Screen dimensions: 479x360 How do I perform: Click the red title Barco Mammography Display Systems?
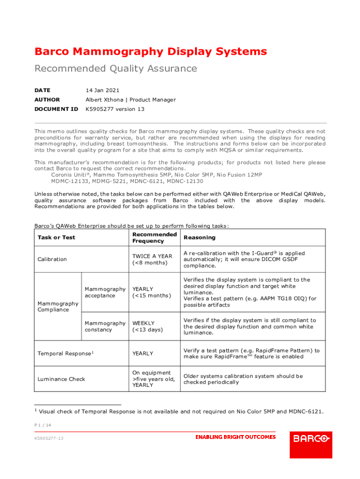(x=151, y=51)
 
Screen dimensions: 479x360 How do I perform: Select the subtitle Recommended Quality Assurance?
(x=115, y=69)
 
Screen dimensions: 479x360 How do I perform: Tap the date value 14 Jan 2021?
(x=102, y=90)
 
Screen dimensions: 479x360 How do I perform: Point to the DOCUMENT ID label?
(x=56, y=109)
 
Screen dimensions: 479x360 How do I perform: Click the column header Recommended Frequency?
(x=154, y=237)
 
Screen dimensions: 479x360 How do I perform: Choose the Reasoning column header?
(x=200, y=237)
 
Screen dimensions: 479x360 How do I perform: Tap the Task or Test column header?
(x=56, y=237)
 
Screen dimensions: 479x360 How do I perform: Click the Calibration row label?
(x=52, y=259)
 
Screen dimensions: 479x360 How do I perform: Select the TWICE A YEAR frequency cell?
(x=152, y=259)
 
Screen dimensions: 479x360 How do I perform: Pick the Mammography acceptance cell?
(x=105, y=292)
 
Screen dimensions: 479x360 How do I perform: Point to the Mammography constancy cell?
(x=105, y=327)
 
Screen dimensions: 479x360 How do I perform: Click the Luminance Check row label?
(x=61, y=379)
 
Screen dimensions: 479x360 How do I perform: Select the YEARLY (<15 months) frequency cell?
(x=151, y=292)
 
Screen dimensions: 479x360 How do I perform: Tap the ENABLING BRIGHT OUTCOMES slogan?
(x=235, y=437)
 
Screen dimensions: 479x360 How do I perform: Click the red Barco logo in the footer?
(x=311, y=439)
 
